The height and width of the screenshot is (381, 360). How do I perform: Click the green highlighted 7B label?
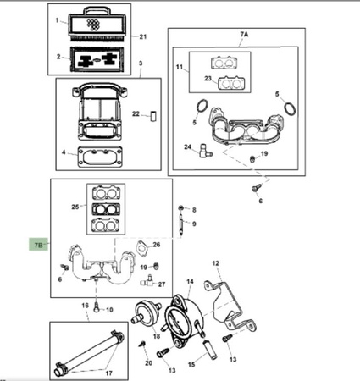pos(39,245)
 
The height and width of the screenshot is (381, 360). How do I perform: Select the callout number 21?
pos(143,36)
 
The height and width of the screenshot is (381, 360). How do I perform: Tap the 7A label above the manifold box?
pos(244,34)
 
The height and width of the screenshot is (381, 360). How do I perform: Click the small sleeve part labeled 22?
pos(153,116)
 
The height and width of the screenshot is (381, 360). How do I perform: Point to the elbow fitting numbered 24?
pos(205,151)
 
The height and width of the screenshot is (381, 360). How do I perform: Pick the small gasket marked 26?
pos(142,249)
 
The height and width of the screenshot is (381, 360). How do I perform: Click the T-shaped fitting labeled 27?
pos(147,281)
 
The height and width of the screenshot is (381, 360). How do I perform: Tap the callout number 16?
pos(86,306)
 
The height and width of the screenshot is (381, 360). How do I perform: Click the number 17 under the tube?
pos(109,373)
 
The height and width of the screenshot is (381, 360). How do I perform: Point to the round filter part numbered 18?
pos(147,313)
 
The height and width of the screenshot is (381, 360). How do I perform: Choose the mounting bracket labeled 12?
pos(230,306)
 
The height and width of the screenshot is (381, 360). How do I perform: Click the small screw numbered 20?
pos(142,344)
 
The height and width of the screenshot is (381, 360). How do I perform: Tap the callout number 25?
pos(75,207)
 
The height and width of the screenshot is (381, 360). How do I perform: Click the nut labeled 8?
pos(181,208)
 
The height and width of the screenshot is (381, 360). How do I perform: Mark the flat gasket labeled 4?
pos(100,156)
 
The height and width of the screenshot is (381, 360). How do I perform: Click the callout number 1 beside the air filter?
pos(57,20)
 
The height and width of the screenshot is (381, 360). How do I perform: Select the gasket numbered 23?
pos(231,83)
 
